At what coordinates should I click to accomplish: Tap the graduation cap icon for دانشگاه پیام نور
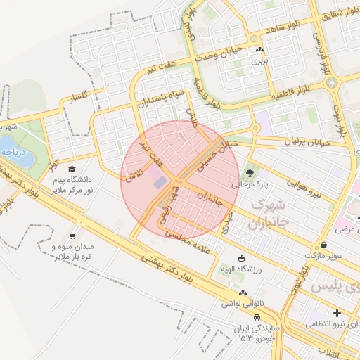coord(72,169)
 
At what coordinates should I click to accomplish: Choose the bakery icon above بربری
coord(260,49)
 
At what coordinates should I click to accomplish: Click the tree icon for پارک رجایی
coord(250,171)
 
